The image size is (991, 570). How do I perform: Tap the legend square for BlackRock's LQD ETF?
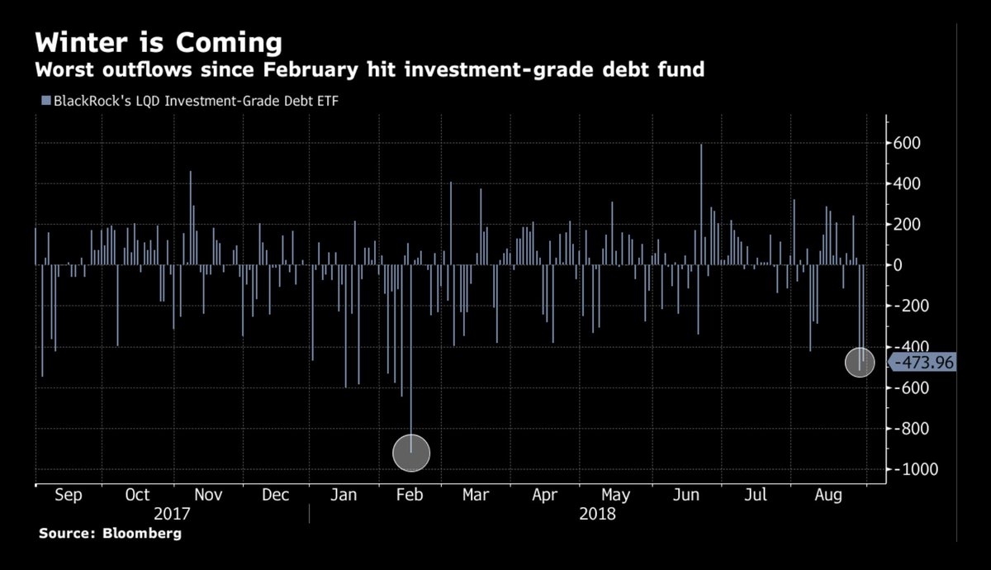click(45, 101)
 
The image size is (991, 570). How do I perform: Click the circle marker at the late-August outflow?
click(860, 363)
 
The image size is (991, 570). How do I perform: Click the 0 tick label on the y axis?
click(896, 265)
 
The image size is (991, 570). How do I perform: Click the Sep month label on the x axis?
click(69, 495)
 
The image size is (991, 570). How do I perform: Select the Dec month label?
click(274, 495)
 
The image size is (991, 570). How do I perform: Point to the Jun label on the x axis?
click(686, 495)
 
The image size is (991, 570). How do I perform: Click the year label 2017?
click(173, 514)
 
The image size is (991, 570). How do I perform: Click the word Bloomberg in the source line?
click(141, 534)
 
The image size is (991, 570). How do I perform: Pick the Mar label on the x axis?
click(475, 495)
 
